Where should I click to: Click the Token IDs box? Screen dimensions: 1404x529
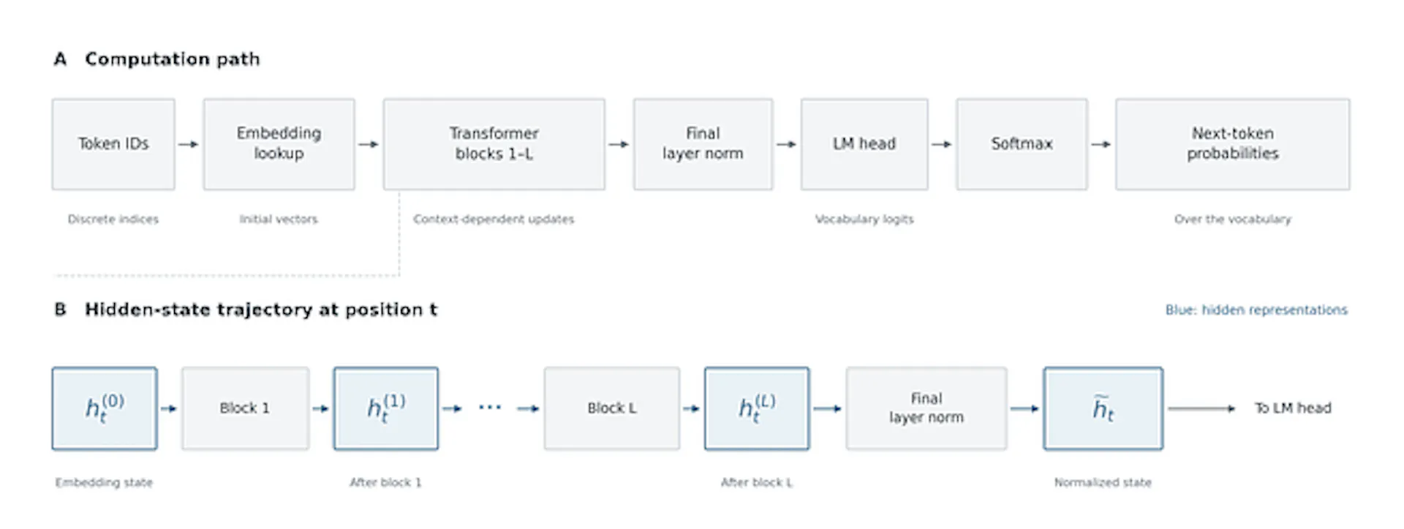point(113,144)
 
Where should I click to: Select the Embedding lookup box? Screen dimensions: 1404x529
point(279,144)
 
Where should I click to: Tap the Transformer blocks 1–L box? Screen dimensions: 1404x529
point(494,144)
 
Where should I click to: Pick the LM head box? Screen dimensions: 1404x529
point(864,144)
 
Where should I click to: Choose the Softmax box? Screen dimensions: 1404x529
point(1022,144)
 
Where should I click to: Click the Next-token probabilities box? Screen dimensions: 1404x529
point(1233,144)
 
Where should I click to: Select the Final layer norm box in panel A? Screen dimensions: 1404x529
point(703,144)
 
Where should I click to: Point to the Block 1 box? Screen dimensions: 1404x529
point(246,408)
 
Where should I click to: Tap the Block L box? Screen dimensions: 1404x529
point(612,408)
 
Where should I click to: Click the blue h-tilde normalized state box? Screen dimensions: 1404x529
point(1103,408)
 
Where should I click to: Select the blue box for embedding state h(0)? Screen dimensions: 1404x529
point(105,408)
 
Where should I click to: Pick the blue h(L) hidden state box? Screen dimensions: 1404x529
point(757,408)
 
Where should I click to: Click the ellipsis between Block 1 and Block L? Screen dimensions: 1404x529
point(490,408)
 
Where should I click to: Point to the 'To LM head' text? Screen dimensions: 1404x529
point(1293,408)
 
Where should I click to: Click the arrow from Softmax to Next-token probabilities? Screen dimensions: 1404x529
point(1101,144)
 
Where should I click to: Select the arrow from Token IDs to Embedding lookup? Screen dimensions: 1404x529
point(189,144)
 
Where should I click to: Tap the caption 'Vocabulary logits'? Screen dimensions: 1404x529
point(864,219)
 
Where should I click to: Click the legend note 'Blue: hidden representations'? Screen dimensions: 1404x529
point(1256,310)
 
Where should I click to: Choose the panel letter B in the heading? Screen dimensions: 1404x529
point(61,309)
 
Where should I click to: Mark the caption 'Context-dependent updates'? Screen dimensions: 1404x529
point(494,219)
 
